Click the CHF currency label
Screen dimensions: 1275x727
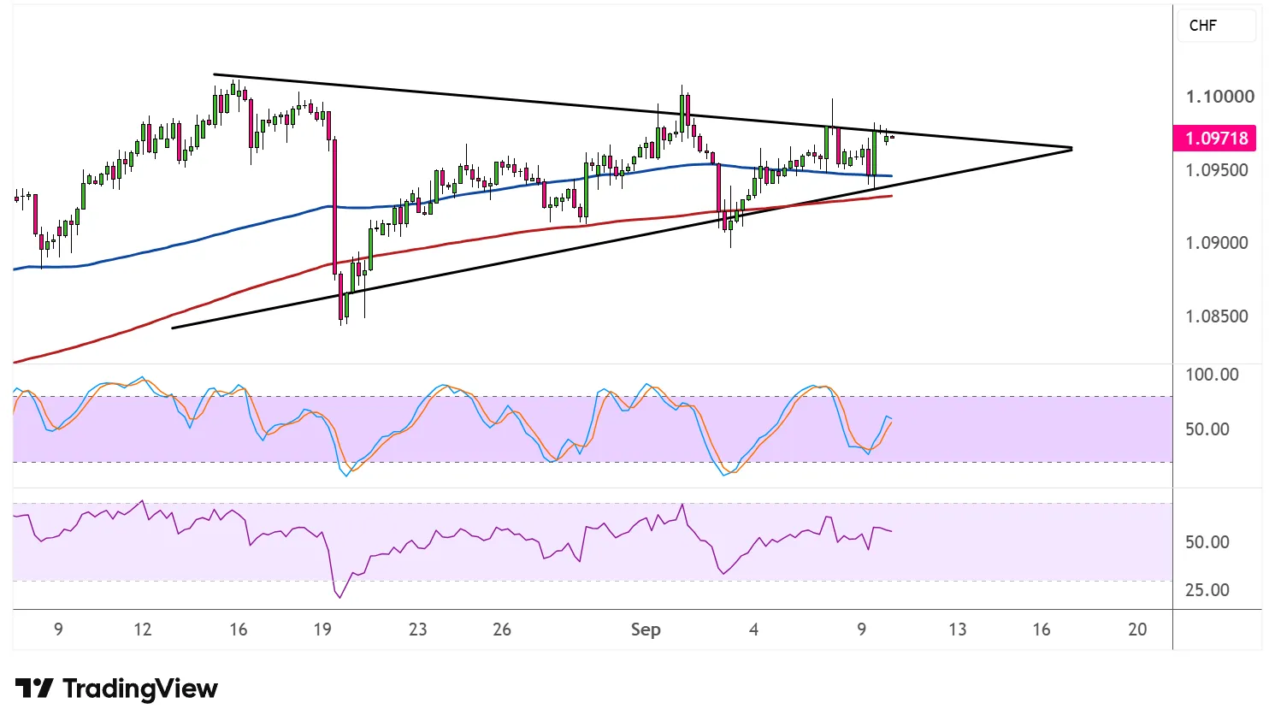click(1202, 26)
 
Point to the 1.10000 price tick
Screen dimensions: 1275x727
click(1218, 97)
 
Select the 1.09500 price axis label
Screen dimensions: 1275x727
click(1216, 170)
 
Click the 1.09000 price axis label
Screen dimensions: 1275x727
click(1216, 243)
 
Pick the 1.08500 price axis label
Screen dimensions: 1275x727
click(1216, 316)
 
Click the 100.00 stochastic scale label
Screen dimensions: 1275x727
click(1212, 375)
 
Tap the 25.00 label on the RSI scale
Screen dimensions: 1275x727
click(1207, 590)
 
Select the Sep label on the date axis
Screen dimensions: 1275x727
click(646, 629)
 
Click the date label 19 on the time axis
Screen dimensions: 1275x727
click(322, 629)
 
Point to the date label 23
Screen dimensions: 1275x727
click(418, 629)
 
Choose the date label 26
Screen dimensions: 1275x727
click(501, 629)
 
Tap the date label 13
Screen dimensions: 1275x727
click(958, 629)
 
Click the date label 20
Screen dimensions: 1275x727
click(1137, 629)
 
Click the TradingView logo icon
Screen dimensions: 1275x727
click(34, 689)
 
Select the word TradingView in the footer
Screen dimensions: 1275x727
click(140, 689)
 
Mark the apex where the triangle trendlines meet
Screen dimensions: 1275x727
click(1071, 149)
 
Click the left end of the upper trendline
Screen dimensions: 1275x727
click(214, 74)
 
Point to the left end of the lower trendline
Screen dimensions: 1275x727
click(173, 328)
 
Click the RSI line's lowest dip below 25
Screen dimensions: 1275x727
click(339, 597)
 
